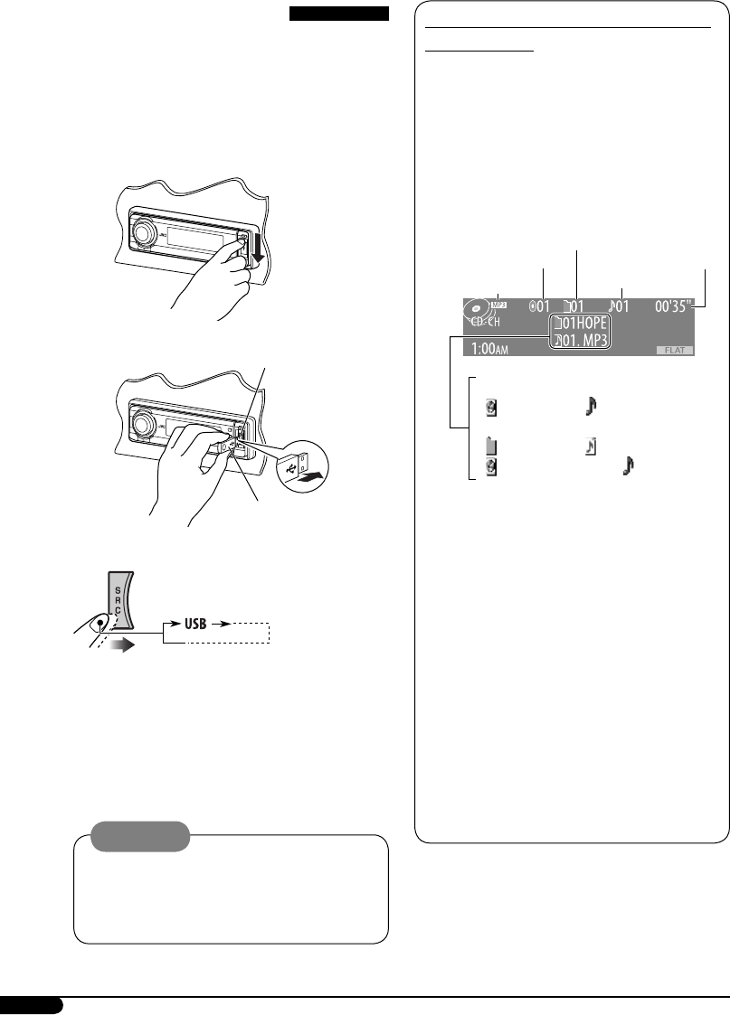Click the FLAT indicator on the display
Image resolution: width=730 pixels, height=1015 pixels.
[x=674, y=350]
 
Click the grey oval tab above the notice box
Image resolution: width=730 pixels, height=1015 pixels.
[x=145, y=835]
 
